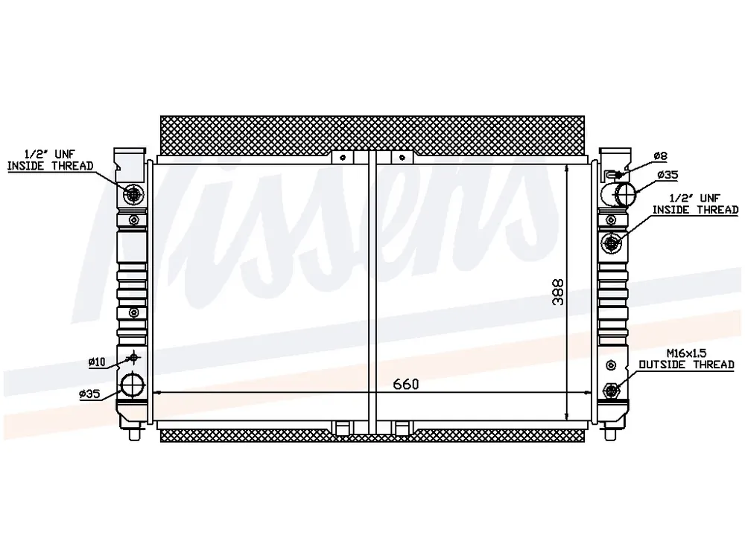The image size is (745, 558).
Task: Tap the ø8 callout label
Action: [x=660, y=155]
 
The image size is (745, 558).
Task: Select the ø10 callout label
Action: [x=96, y=362]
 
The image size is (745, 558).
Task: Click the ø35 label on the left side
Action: [x=90, y=394]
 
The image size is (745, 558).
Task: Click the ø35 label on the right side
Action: [x=668, y=175]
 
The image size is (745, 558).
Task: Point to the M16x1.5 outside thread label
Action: [x=686, y=359]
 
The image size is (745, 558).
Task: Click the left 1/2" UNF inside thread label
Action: [x=50, y=160]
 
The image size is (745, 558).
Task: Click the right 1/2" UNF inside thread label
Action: [x=695, y=204]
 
